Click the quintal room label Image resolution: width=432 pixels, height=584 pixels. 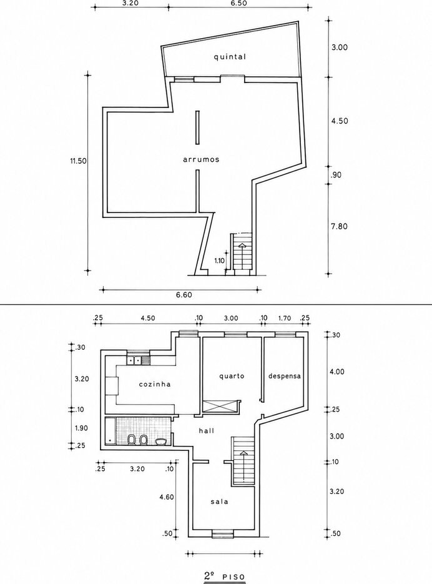click(230, 57)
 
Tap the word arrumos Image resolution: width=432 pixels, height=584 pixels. click(201, 159)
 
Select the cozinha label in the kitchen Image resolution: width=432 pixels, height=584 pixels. click(155, 384)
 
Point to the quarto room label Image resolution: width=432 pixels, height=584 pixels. click(232, 376)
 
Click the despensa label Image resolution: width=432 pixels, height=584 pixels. click(285, 376)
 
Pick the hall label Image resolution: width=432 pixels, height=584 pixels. click(207, 430)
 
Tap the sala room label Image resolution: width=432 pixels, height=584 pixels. click(219, 502)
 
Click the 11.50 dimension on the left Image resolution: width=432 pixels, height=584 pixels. click(78, 161)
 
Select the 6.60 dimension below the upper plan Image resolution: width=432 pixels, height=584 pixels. click(184, 295)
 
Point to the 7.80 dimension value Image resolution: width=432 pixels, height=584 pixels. click(339, 226)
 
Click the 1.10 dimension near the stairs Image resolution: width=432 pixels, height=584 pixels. click(219, 260)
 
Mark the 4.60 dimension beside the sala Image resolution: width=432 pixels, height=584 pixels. click(166, 497)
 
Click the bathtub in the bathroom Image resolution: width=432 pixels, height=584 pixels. click(110, 432)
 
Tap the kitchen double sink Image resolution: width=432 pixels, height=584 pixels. click(134, 360)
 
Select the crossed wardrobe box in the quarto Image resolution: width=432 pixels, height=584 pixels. click(219, 406)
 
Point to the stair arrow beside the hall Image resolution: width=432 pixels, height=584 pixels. click(243, 465)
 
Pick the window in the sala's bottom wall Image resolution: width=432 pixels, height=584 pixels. click(222, 535)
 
